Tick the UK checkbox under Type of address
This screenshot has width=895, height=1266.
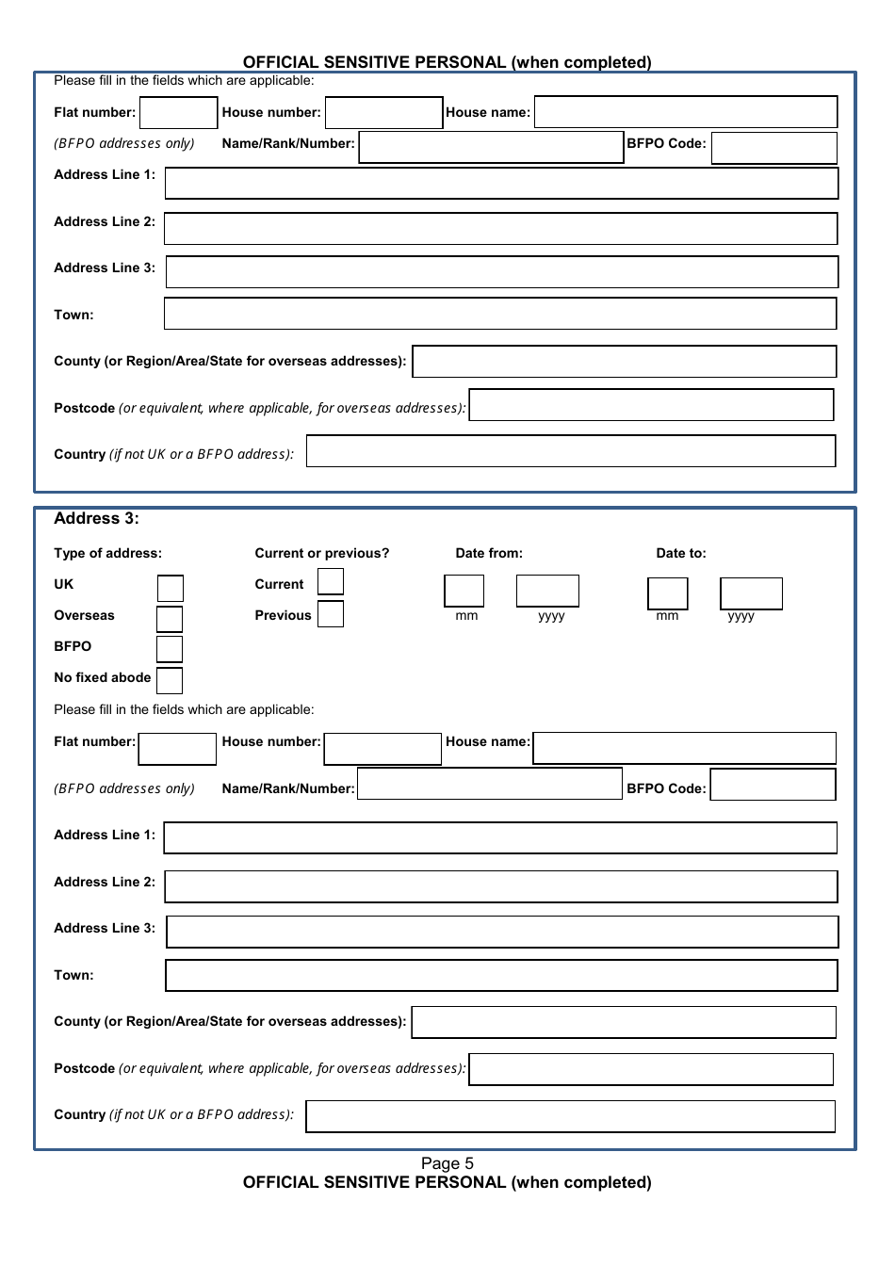[171, 589]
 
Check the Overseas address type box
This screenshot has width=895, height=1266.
[170, 619]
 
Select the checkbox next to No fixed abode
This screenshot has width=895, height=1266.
[170, 680]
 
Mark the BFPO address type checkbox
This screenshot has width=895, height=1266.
[170, 649]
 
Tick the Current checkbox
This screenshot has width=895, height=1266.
[331, 582]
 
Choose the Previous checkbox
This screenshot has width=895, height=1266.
[331, 614]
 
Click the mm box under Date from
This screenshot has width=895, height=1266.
[464, 591]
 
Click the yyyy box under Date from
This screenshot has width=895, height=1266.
[547, 591]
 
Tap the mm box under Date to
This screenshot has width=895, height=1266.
[668, 593]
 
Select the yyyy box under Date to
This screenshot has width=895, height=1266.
[751, 593]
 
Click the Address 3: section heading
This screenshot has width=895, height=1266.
[96, 518]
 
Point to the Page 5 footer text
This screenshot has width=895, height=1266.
[447, 1163]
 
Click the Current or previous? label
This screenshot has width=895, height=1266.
[321, 553]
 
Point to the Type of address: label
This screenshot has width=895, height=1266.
[107, 553]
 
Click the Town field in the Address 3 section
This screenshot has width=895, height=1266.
[501, 975]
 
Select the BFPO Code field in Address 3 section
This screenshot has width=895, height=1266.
[773, 785]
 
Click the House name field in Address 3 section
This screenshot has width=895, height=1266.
[684, 748]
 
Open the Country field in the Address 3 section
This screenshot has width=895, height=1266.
[570, 1116]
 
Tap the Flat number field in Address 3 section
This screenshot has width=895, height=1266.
[177, 749]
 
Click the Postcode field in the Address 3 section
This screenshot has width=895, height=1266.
[651, 1069]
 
